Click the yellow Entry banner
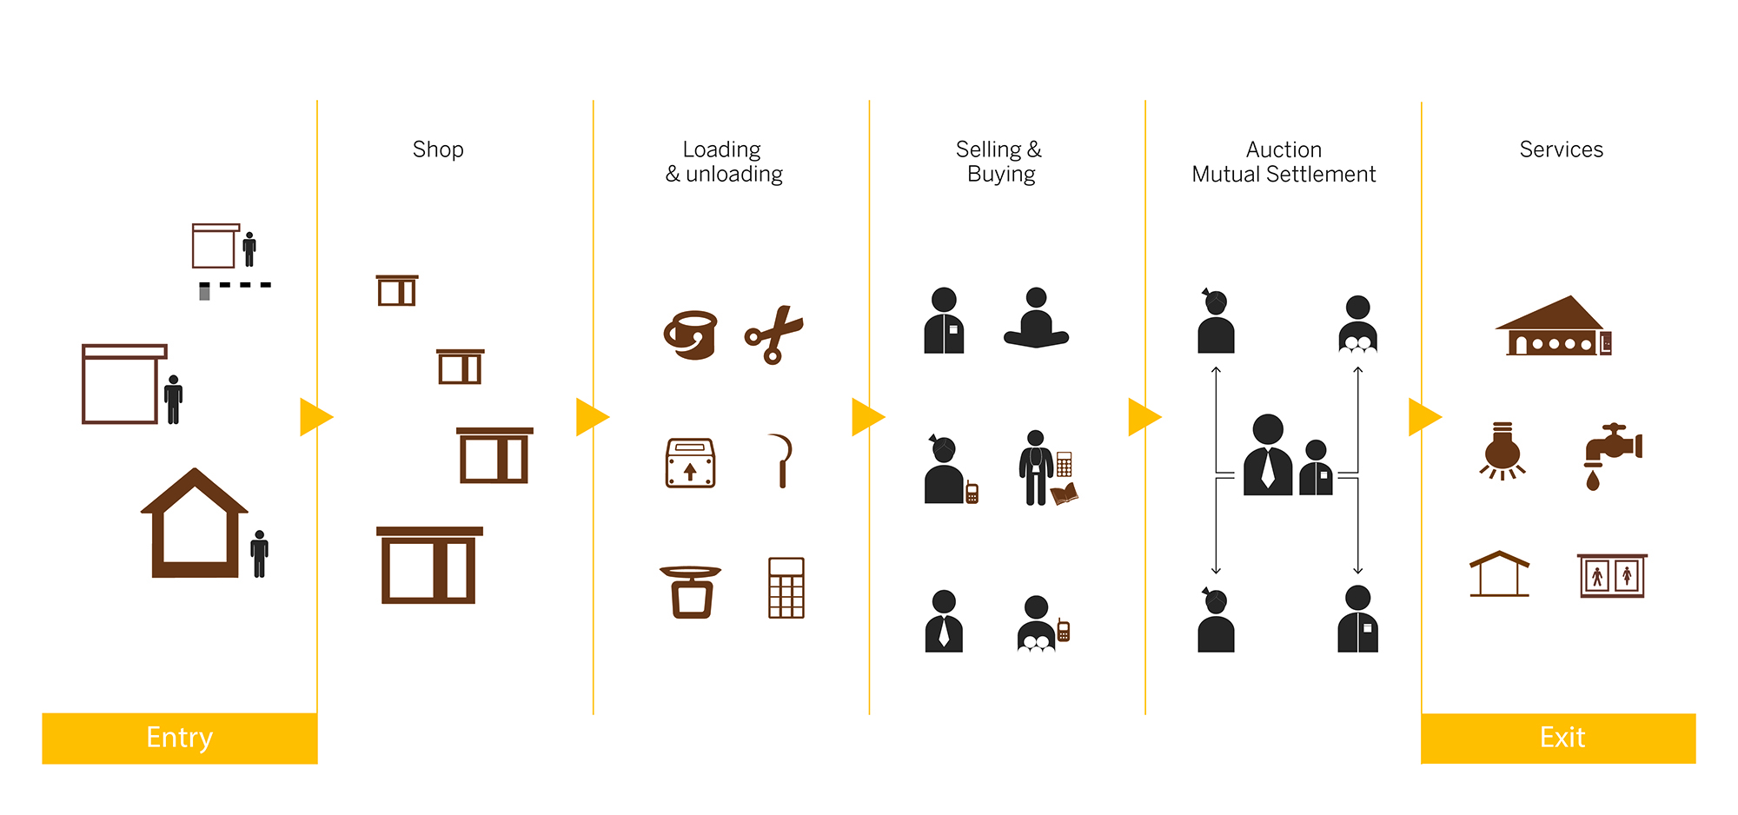tap(180, 738)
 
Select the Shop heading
tap(438, 149)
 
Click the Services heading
tap(1561, 149)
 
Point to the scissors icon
tap(773, 335)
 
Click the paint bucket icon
tap(691, 335)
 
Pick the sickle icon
tap(781, 461)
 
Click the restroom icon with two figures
tap(1612, 575)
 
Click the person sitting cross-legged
tap(1036, 319)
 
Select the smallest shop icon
tap(397, 290)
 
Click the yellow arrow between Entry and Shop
tap(315, 417)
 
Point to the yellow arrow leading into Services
tap(1423, 417)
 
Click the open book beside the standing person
tap(1065, 494)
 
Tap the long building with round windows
tap(1553, 328)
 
